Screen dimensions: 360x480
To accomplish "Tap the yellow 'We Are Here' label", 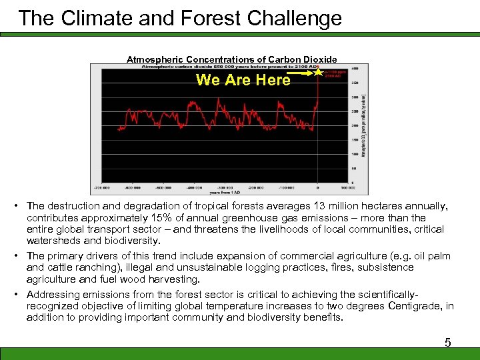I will [x=243, y=80].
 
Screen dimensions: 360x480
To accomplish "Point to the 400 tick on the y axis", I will [x=355, y=69].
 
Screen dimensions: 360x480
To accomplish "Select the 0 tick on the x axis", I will [x=317, y=186].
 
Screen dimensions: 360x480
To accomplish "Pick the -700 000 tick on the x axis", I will [x=102, y=186].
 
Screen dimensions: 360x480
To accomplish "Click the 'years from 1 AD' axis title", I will [x=217, y=191].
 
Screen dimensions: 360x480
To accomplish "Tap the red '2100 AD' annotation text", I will [x=333, y=75].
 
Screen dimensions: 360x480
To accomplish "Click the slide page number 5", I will [x=448, y=343].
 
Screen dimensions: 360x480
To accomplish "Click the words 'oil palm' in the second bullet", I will [x=431, y=256].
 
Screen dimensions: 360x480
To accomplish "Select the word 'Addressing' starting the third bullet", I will [x=52, y=295].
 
